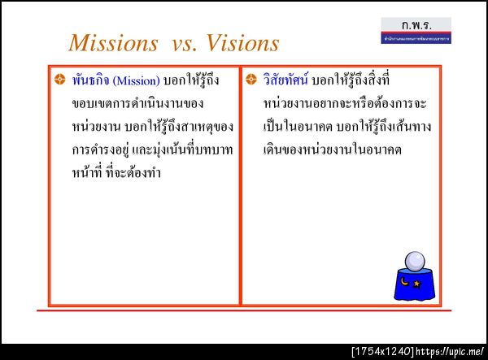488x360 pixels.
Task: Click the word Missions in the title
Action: point(113,42)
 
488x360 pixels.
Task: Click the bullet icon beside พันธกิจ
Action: point(59,80)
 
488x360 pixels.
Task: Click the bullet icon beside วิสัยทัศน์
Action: point(251,80)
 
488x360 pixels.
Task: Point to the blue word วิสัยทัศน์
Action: point(285,81)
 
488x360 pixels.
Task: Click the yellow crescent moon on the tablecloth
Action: point(404,282)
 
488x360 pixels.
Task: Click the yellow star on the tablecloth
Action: point(418,284)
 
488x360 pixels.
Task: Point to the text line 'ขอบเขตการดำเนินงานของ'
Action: point(137,105)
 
